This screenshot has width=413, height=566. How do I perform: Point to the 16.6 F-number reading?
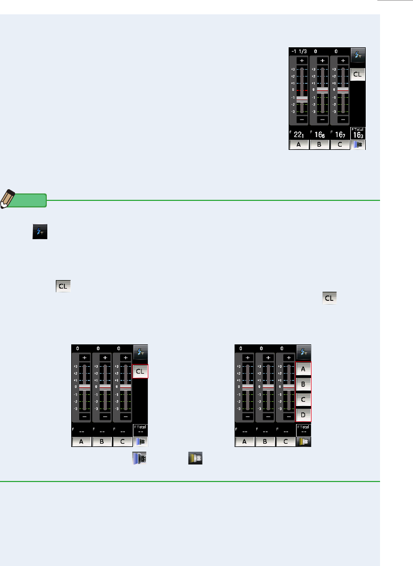tap(319, 134)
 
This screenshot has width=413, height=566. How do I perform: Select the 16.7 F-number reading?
tap(340, 134)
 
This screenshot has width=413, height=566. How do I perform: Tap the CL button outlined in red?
tap(140, 371)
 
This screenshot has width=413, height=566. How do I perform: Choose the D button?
tap(303, 415)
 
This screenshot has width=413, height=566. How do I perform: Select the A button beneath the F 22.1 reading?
tap(299, 145)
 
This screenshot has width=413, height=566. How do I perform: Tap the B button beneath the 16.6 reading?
tap(319, 145)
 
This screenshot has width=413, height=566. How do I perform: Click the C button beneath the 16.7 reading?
tap(340, 145)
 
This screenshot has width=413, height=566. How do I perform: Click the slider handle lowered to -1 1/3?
tap(302, 99)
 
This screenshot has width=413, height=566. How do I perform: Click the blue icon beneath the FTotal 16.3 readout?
tap(358, 145)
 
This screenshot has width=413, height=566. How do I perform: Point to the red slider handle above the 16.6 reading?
tap(323, 90)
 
